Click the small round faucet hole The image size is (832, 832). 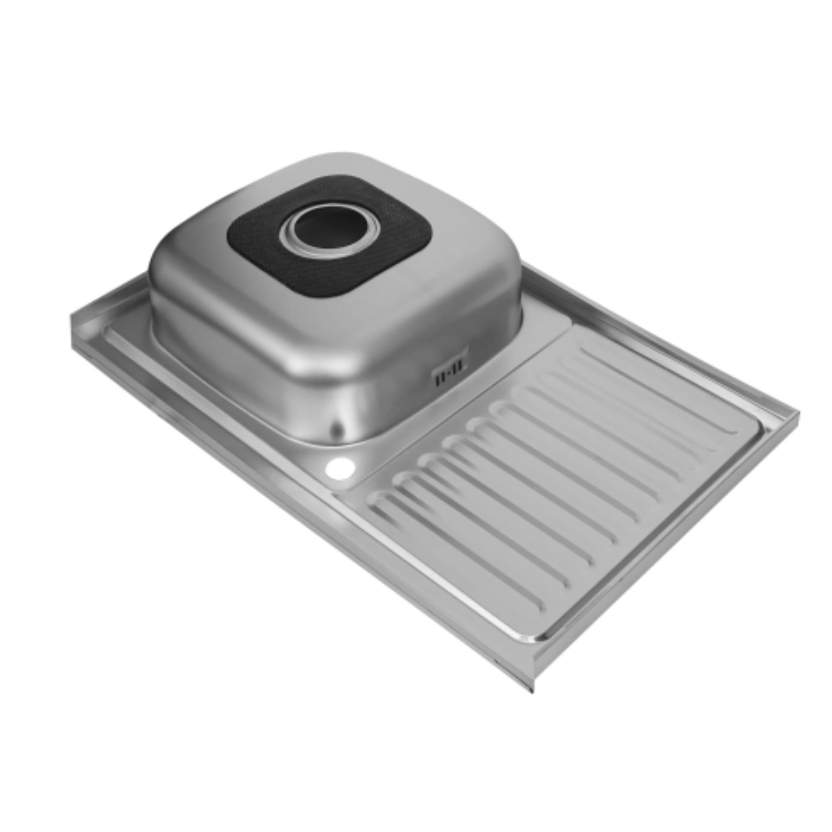[339, 468]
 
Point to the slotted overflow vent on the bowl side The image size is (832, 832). [451, 373]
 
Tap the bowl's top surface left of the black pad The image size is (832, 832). [193, 254]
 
